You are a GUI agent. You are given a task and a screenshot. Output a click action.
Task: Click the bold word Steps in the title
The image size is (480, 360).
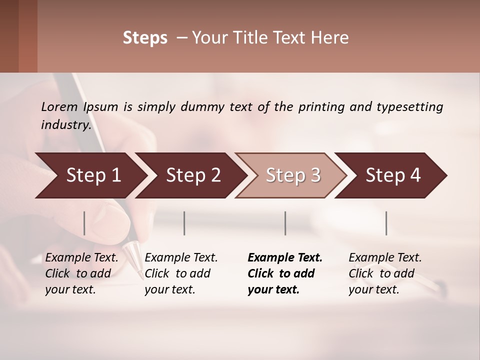pos(145,38)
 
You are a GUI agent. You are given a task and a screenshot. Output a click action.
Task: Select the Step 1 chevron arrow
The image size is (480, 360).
pos(90,175)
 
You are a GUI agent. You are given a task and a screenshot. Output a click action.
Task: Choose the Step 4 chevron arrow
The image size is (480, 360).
pos(392,175)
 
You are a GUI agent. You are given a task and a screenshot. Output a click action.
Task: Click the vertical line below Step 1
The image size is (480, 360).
pos(84,223)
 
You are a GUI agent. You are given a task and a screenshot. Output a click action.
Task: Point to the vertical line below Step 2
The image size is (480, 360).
pos(184,223)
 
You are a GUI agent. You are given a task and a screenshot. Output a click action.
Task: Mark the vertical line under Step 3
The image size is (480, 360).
pos(285,223)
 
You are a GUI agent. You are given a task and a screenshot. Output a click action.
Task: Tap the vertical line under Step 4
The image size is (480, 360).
pos(386,223)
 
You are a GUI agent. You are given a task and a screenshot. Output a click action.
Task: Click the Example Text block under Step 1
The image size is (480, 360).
pos(81,273)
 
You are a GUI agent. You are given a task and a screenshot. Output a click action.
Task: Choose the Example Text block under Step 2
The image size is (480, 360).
pos(181,273)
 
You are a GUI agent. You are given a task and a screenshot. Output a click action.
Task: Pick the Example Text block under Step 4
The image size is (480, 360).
pos(384,273)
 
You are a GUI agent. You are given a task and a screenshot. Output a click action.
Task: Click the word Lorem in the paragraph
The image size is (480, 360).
pos(60,106)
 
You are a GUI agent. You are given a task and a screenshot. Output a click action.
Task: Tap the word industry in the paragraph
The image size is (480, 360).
pos(65,125)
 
